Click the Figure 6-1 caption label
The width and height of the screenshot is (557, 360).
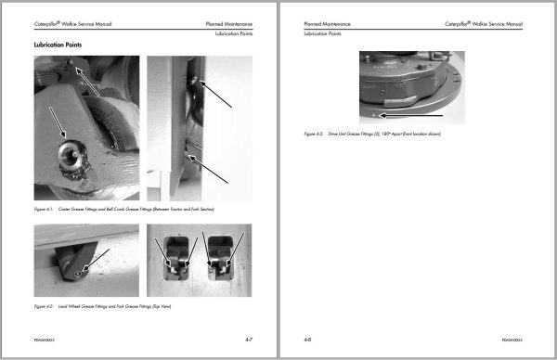(45, 211)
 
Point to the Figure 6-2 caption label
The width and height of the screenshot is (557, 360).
(45, 305)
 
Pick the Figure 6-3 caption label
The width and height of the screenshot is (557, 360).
(315, 135)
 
